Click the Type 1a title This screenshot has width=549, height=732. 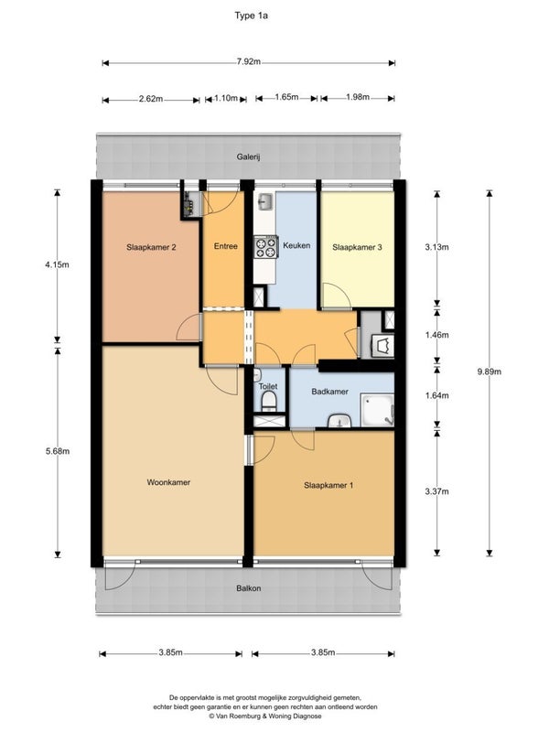251,16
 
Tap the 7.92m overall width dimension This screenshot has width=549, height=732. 248,61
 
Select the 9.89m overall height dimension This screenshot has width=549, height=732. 490,371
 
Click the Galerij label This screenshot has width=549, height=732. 248,156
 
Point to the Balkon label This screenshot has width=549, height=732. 248,588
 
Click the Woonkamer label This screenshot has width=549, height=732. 168,482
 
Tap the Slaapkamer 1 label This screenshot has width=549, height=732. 328,485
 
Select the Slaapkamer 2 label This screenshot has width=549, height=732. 151,247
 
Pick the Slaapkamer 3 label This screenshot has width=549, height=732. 357,247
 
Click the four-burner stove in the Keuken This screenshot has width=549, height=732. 265,247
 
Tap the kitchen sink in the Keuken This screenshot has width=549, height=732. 264,202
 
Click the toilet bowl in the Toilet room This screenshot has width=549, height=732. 268,401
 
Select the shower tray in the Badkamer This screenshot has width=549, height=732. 377,410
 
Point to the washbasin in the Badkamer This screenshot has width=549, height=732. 339,421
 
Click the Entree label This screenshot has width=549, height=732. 226,246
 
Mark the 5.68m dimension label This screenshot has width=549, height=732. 58,451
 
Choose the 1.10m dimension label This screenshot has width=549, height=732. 226,99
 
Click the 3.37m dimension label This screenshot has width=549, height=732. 437,491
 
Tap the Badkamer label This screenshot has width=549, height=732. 330,392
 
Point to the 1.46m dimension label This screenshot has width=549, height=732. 437,335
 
